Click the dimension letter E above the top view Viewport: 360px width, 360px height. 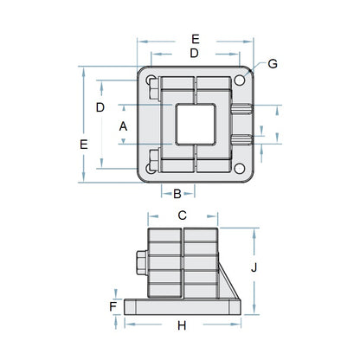195,39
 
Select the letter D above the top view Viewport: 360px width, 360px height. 195,54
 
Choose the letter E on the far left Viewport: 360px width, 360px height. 83,145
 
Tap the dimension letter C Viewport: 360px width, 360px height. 183,215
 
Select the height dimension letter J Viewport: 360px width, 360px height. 254,267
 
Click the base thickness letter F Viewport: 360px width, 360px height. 113,305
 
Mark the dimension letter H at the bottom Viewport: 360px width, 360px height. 182,325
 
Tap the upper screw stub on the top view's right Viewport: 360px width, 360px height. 243,108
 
